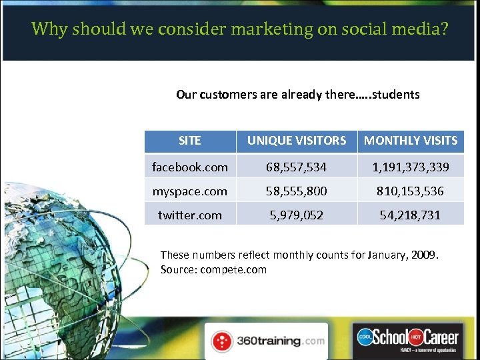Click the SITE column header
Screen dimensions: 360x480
tap(190, 141)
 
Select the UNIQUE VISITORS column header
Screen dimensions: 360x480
tap(297, 141)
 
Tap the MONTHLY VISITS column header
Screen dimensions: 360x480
tap(411, 141)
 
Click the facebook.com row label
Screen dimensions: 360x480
tap(190, 167)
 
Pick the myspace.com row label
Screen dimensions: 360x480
tap(190, 191)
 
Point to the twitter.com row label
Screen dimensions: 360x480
tap(190, 215)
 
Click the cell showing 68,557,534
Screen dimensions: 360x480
tap(297, 167)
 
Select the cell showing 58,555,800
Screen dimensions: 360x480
tap(297, 191)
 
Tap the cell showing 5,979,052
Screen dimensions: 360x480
tap(297, 215)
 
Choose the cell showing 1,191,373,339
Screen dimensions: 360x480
tap(411, 167)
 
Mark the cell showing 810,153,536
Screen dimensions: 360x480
tap(411, 191)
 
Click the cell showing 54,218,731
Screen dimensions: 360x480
tap(411, 215)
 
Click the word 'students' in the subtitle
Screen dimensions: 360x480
tap(396, 95)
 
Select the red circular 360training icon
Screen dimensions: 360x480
tap(222, 341)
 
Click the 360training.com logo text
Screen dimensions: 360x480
tap(280, 341)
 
